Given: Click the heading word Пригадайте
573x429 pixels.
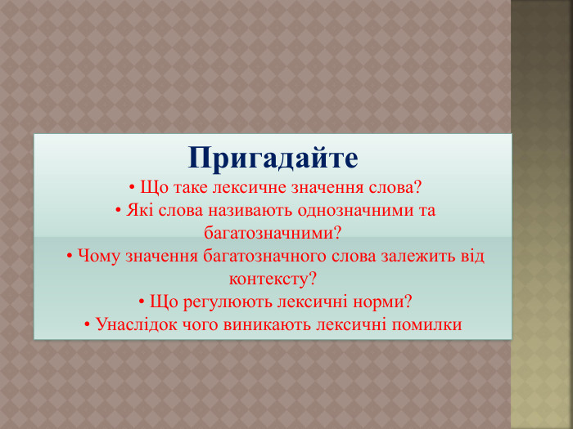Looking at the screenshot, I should pyautogui.click(x=273, y=158).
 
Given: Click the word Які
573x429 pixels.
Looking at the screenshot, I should pyautogui.click(x=141, y=210).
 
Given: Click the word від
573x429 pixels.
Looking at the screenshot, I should pyautogui.click(x=470, y=256).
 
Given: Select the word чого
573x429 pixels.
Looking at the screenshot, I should pyautogui.click(x=193, y=324).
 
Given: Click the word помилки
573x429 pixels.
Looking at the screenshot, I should pyautogui.click(x=426, y=324).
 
